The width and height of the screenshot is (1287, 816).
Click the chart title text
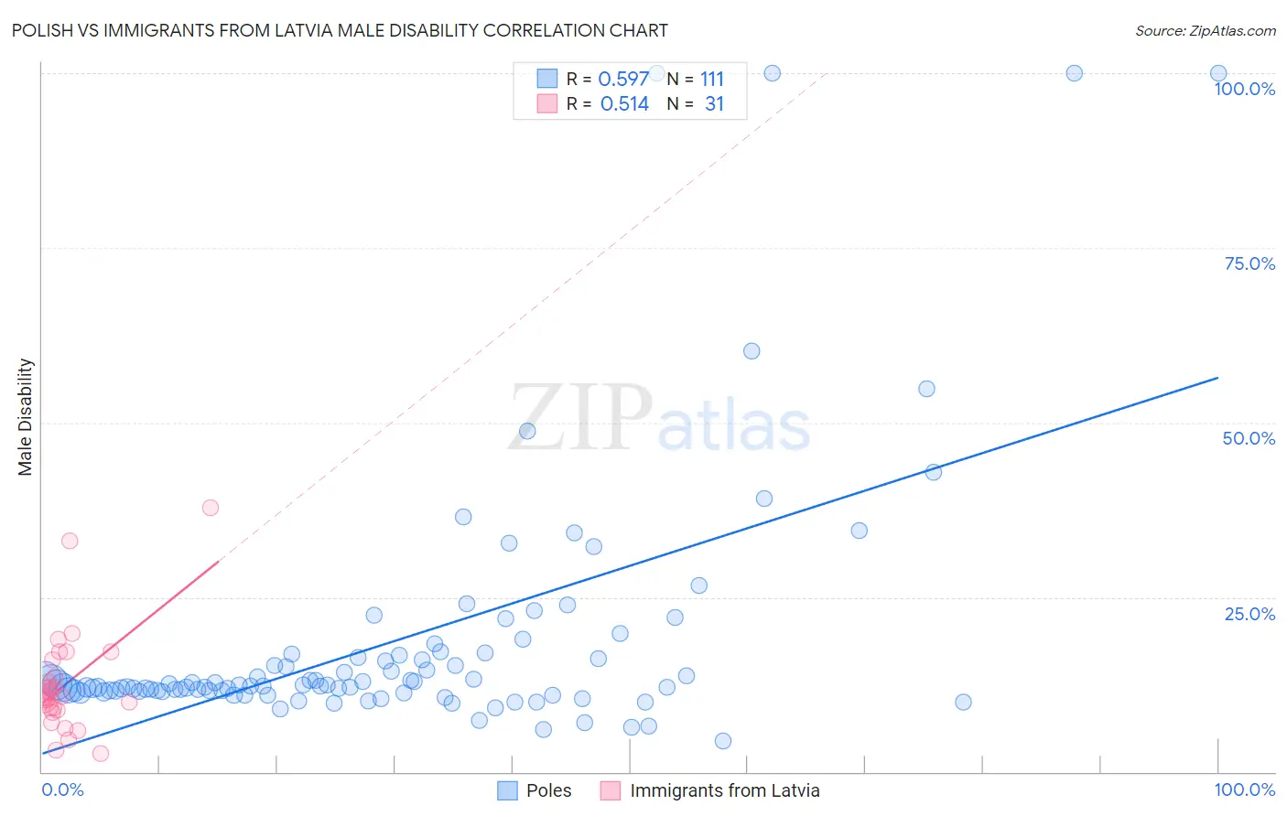point(340,30)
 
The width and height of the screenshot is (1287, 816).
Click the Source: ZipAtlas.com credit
point(1205,30)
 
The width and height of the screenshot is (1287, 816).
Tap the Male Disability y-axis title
point(26,416)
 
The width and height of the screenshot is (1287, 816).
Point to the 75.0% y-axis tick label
point(1249,263)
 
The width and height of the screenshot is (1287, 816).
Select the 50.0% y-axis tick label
point(1249,438)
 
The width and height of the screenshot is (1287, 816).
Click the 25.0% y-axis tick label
point(1249,614)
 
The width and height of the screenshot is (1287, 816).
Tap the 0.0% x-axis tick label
point(62,789)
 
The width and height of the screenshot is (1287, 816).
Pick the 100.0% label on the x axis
point(1244,789)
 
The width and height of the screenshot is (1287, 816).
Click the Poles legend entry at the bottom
point(535,790)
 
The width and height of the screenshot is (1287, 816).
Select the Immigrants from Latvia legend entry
point(710,790)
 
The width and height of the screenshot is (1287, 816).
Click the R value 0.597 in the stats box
point(623,80)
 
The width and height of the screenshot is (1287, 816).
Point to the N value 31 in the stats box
point(714,104)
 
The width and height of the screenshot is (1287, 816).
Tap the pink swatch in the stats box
point(546,103)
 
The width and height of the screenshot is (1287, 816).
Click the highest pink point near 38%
point(211,508)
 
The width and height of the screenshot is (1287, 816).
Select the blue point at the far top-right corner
point(1218,73)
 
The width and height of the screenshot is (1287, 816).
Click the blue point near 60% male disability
point(752,351)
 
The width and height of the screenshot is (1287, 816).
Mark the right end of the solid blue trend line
point(1218,377)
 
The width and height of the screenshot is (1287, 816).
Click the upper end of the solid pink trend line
point(218,561)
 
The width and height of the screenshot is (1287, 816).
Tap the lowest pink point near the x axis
point(101,754)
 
